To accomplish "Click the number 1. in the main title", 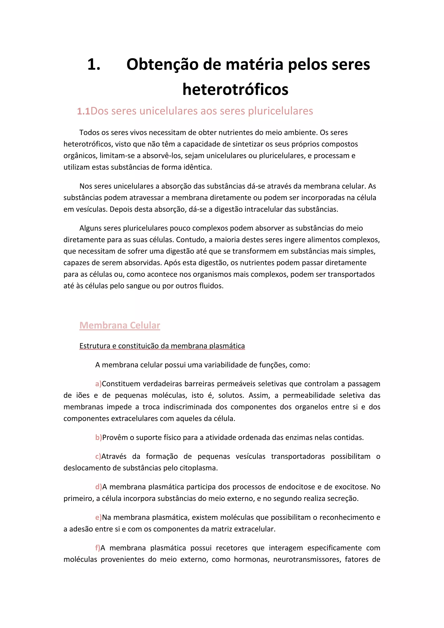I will coord(94,65).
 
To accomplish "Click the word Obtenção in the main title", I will coord(162,65).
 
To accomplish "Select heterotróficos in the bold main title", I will coord(235,89).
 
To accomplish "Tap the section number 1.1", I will coord(83,111).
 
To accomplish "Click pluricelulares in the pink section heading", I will coord(281,111).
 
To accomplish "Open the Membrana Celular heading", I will coord(120,325).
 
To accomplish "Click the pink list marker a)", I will coord(98,384).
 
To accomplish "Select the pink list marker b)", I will coord(98,437).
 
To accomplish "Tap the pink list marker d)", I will coord(98,487).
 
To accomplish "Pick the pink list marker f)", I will coord(98,548).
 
